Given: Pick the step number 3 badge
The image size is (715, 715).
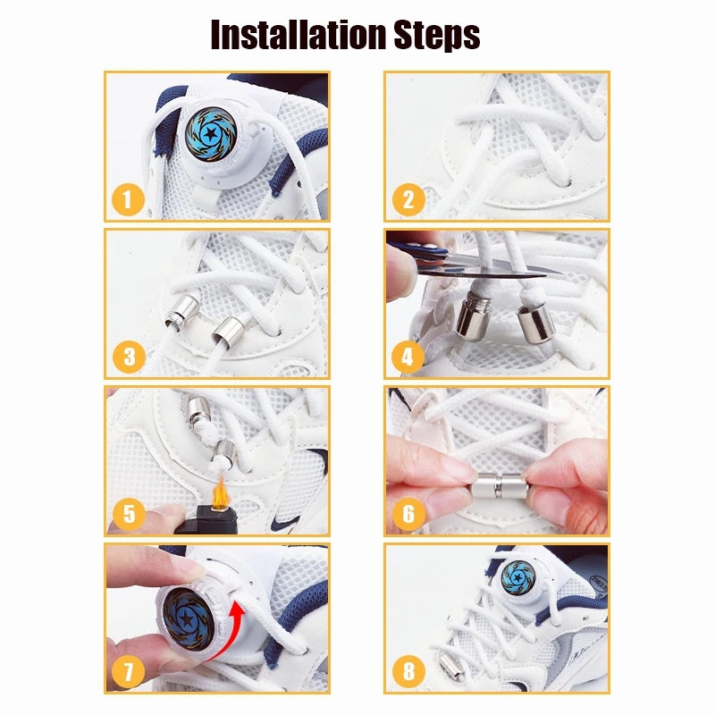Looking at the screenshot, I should click(x=129, y=358).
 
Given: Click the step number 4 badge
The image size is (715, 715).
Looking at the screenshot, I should click(x=408, y=358).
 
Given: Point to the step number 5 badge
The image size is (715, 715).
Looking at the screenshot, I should click(x=129, y=515).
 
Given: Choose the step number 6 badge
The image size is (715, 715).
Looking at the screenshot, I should click(x=408, y=515).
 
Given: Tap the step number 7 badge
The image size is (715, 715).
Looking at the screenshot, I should click(x=129, y=672).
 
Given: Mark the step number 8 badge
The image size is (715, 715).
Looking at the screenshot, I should click(x=408, y=672).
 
